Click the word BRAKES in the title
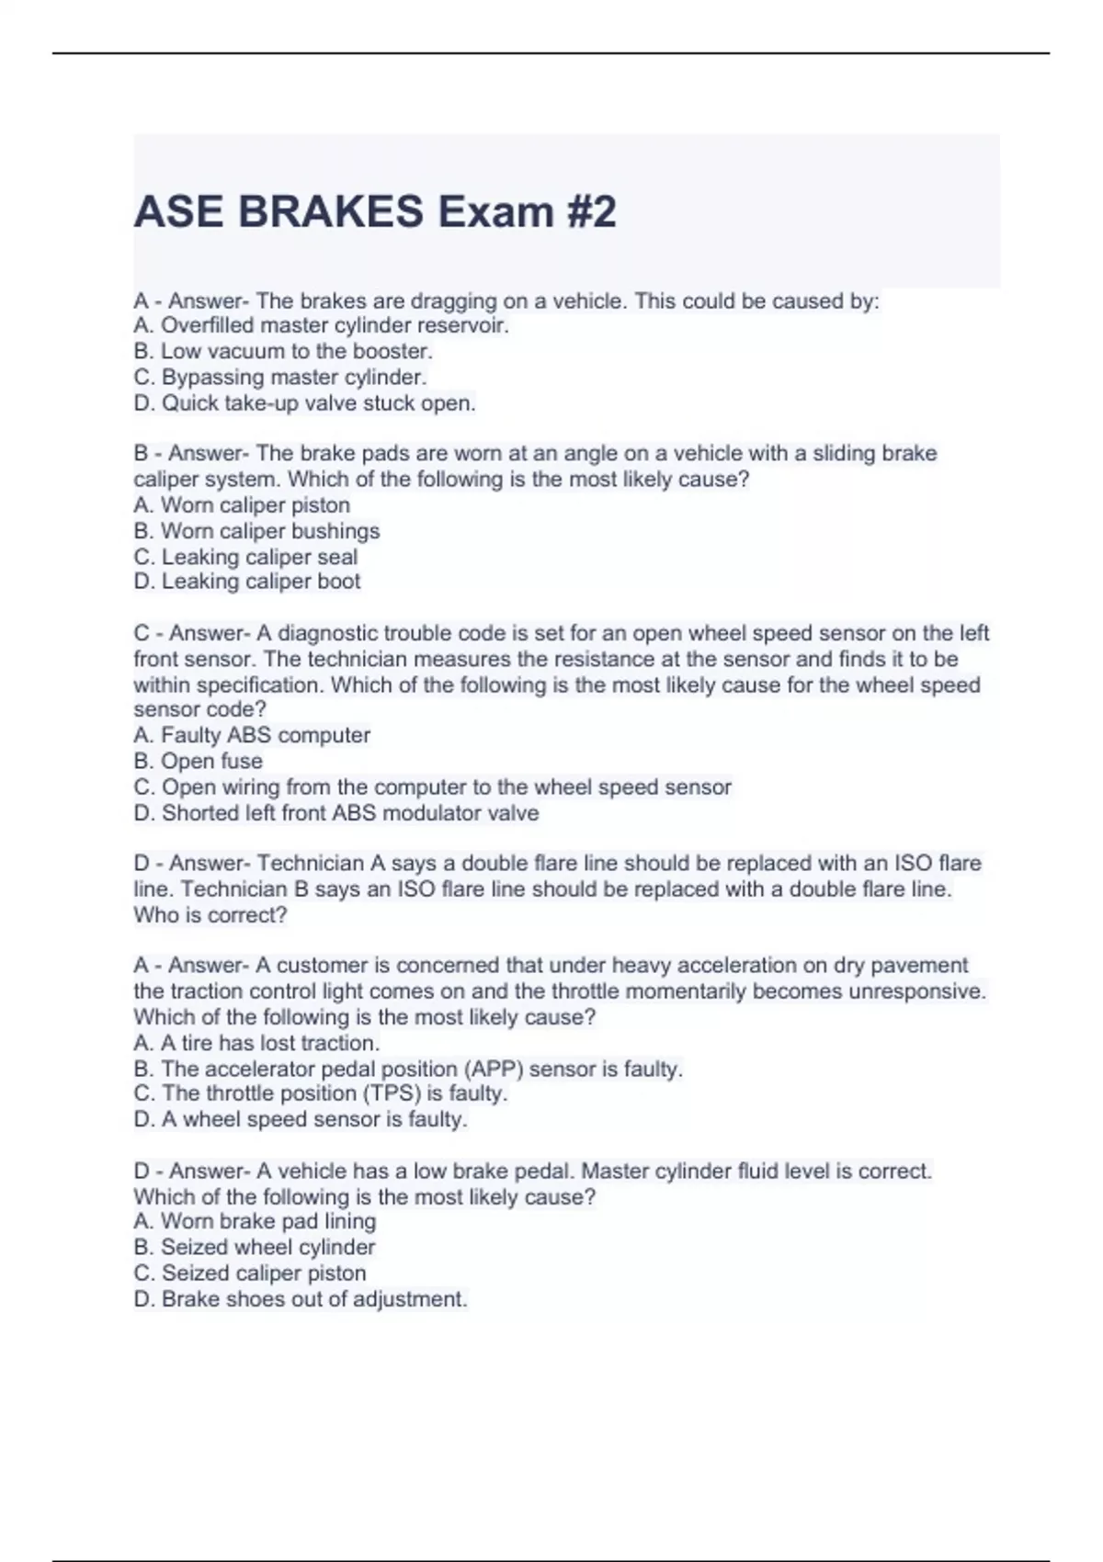[330, 212]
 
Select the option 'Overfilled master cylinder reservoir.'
[321, 325]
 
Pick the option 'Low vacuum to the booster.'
[283, 351]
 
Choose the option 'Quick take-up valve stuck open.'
[304, 403]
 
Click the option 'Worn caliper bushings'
[256, 531]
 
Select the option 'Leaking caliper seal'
[245, 557]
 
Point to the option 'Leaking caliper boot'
[247, 582]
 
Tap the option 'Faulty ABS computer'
[252, 735]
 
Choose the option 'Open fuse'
[199, 761]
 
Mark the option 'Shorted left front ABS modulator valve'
[336, 813]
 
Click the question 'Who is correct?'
[210, 915]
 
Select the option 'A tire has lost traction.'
[256, 1043]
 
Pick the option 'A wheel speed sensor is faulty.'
[301, 1119]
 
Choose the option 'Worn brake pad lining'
[255, 1221]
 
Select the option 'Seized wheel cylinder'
[255, 1247]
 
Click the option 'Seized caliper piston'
[250, 1273]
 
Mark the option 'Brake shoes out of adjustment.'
[301, 1299]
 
